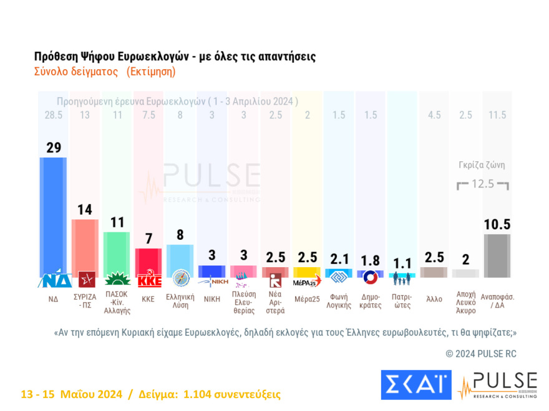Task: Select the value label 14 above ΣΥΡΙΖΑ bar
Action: click(84, 210)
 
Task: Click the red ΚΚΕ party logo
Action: click(148, 280)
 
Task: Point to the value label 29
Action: click(52, 148)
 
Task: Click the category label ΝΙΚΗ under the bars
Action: click(212, 299)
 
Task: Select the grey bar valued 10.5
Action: click(497, 255)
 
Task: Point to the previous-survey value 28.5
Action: click(52, 115)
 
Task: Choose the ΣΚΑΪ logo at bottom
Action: click(415, 384)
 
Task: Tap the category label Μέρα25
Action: click(307, 299)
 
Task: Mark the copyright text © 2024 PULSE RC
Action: click(481, 354)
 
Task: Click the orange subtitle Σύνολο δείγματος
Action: click(75, 71)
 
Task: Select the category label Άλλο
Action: click(434, 299)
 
